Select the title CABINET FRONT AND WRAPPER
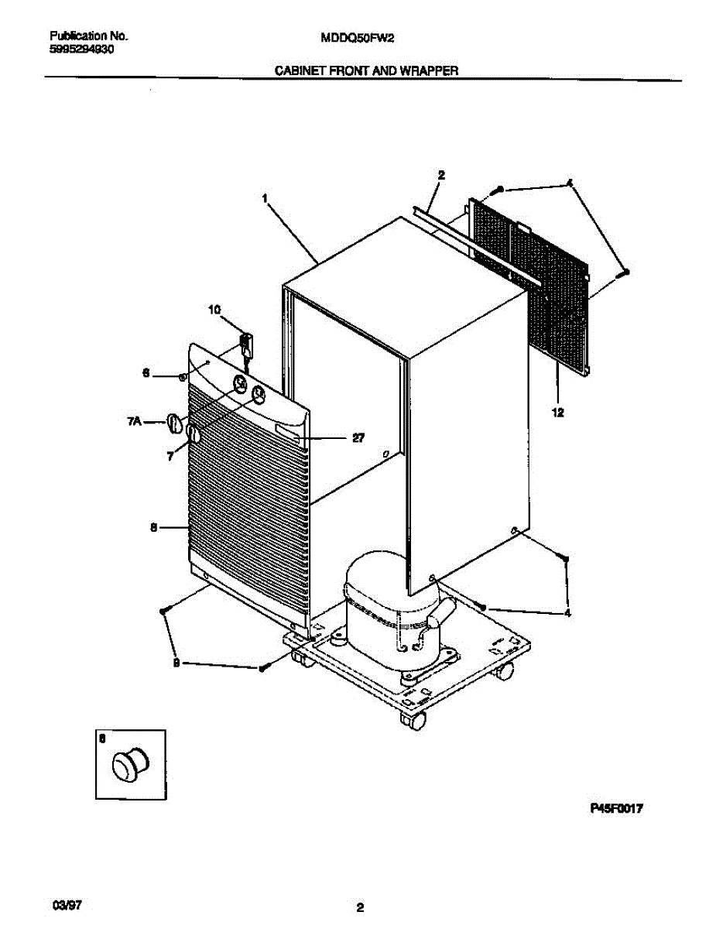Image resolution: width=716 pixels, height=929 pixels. click(368, 70)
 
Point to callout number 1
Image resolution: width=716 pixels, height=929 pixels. click(265, 198)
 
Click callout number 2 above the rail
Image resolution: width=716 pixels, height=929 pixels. click(441, 176)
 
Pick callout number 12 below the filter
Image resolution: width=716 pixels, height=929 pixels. click(557, 413)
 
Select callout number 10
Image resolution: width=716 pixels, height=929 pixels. click(214, 310)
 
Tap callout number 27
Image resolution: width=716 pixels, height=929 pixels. click(358, 437)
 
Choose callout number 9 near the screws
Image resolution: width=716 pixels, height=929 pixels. click(176, 662)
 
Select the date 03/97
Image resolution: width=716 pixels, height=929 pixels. click(66, 903)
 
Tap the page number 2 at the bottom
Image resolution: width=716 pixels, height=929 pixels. click(360, 907)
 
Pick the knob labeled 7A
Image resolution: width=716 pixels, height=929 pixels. click(174, 423)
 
